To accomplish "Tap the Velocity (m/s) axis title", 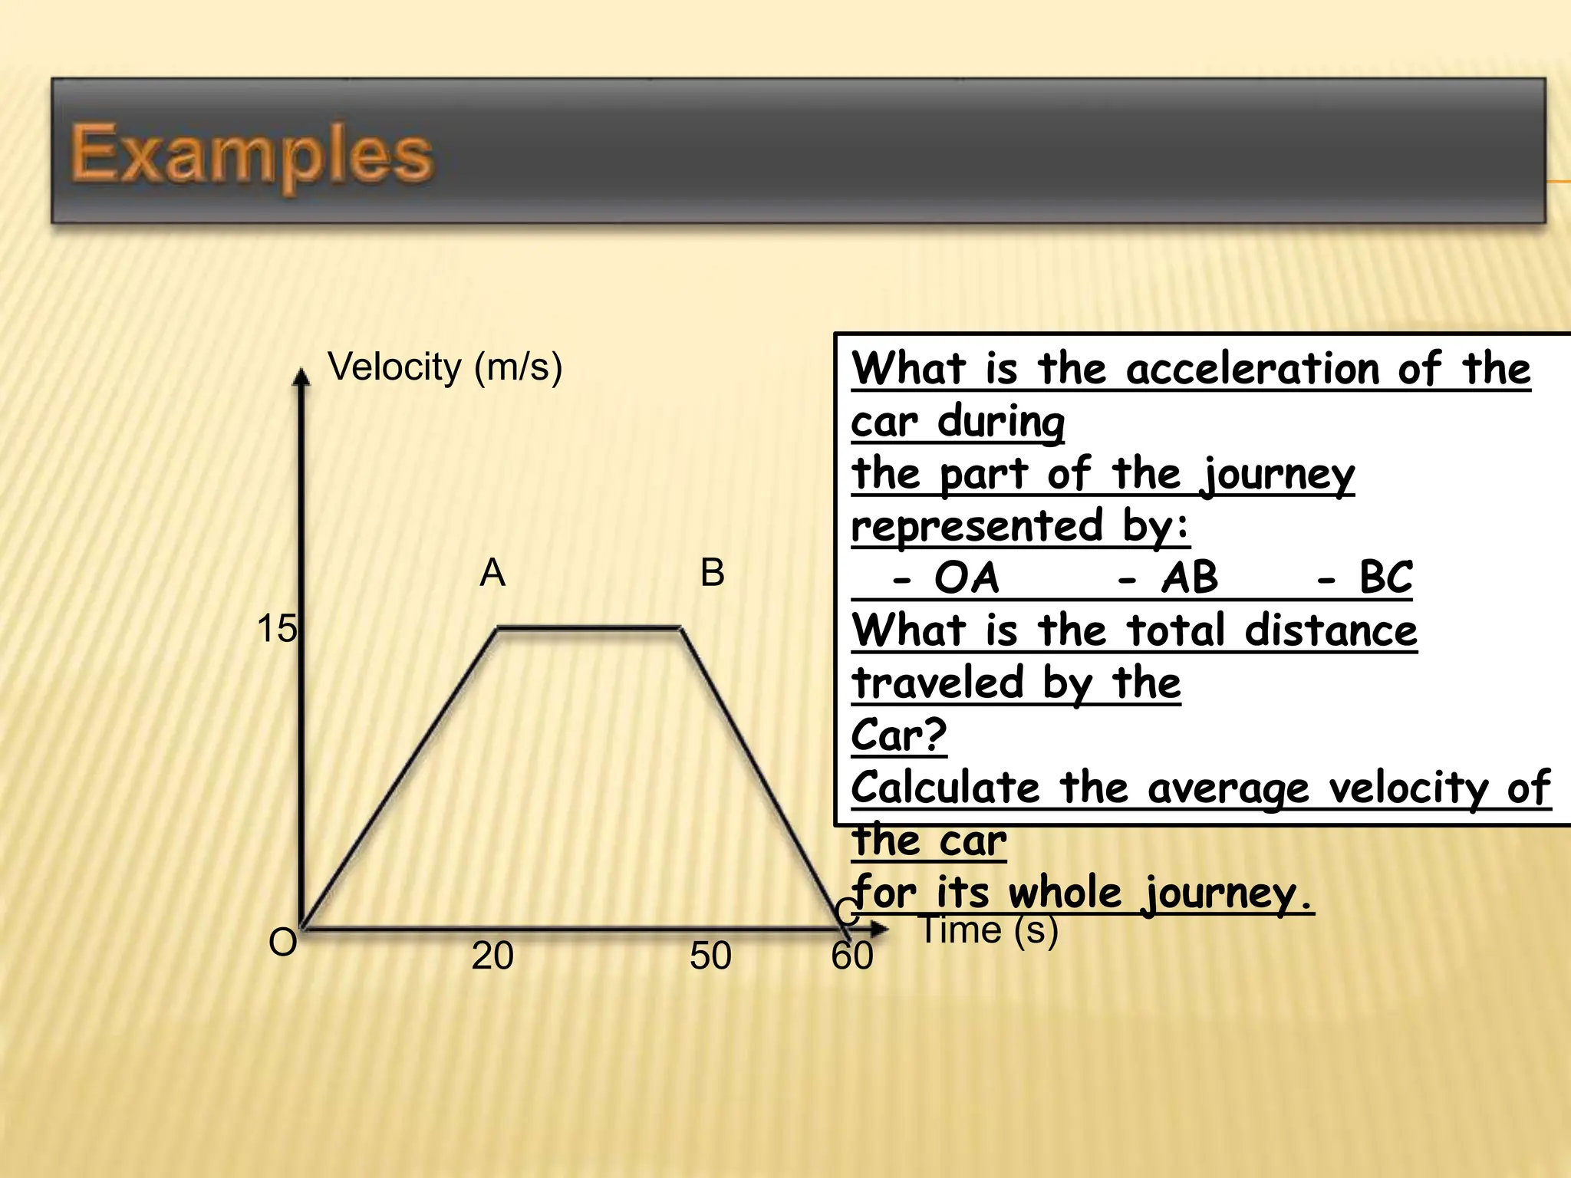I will click(x=445, y=367).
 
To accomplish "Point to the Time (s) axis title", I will click(x=990, y=930).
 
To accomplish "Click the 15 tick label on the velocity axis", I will click(x=276, y=629).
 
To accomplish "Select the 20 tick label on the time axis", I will click(x=492, y=956).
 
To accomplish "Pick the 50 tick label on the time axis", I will click(x=710, y=956).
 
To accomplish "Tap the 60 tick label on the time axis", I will click(x=852, y=956).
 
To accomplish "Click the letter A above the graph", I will click(x=492, y=573).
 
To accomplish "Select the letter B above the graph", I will click(x=712, y=573).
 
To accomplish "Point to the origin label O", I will click(x=282, y=943).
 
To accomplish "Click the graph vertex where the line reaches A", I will click(x=499, y=628).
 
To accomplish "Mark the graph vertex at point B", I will click(x=681, y=628).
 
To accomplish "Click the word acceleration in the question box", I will click(x=1253, y=369).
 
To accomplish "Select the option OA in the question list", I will click(x=967, y=577).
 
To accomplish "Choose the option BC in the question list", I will click(x=1385, y=577).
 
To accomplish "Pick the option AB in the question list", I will click(x=1189, y=577).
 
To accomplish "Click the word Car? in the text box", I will click(x=899, y=735).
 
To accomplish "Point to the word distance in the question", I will click(x=1331, y=630).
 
